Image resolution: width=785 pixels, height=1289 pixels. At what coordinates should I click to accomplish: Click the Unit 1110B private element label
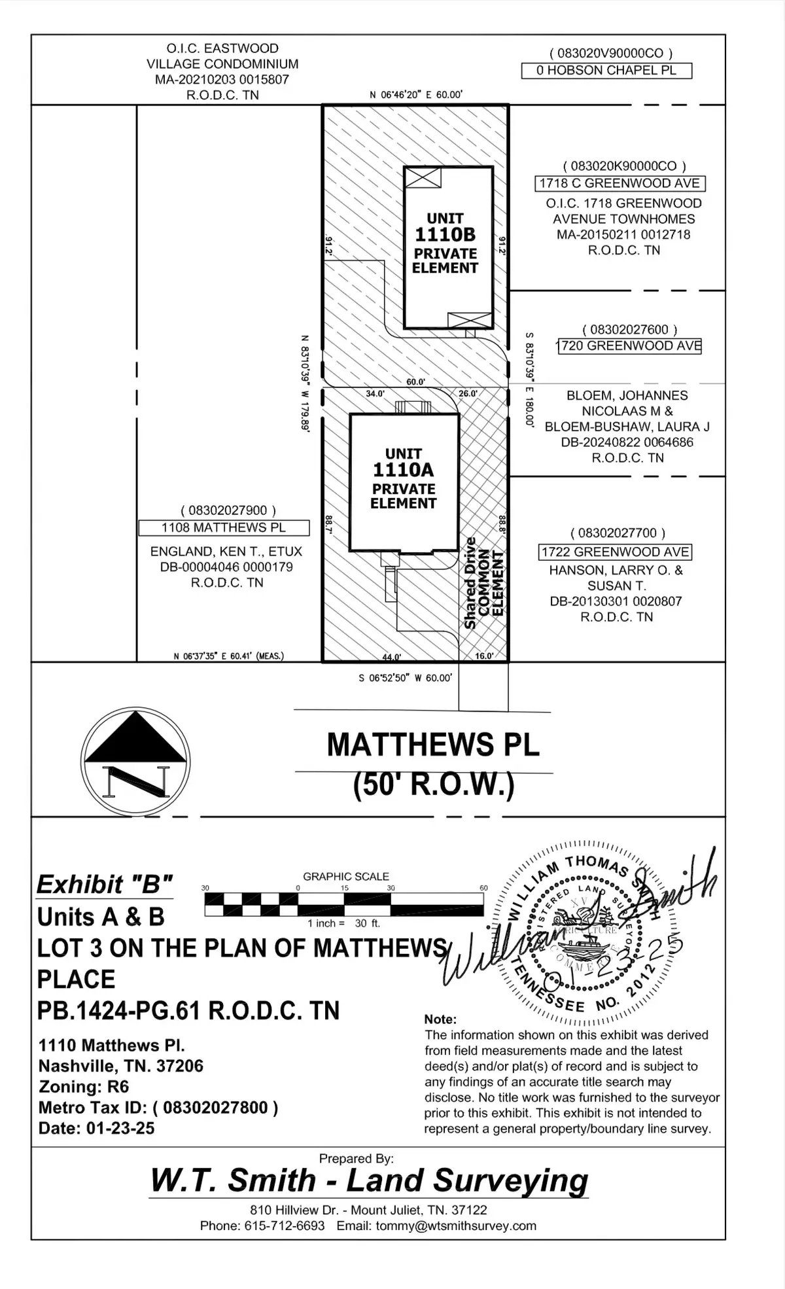445,243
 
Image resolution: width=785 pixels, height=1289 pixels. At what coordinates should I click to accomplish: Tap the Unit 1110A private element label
403,478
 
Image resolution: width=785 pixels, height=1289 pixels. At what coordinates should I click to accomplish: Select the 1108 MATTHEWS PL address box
224,527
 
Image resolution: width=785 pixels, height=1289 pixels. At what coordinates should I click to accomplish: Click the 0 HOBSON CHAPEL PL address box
606,71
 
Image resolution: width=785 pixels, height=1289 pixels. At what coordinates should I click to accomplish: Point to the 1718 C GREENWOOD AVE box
619,184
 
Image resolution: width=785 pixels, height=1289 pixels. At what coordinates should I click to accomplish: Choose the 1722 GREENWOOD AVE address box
615,552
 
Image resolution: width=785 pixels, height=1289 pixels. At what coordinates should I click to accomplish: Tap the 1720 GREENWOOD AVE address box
630,346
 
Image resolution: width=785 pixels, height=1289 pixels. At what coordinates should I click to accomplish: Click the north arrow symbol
135,762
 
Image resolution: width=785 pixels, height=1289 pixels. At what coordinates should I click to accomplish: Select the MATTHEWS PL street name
433,745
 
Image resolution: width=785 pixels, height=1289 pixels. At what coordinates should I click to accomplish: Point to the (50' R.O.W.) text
433,785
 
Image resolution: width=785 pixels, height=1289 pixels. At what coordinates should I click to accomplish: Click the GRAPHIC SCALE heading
345,876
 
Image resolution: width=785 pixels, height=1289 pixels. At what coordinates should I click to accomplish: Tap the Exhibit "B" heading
104,885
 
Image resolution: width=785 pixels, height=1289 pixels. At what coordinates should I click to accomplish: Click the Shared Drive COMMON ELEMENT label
484,583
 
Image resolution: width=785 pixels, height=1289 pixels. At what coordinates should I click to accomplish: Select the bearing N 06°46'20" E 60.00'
416,95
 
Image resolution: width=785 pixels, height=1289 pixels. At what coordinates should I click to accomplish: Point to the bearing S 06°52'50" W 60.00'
405,678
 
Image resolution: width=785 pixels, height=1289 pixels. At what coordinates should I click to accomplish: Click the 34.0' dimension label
375,394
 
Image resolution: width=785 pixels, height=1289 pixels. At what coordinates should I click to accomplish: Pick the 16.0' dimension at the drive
483,656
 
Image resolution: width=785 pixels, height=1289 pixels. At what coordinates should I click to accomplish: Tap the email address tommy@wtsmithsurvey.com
456,1226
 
